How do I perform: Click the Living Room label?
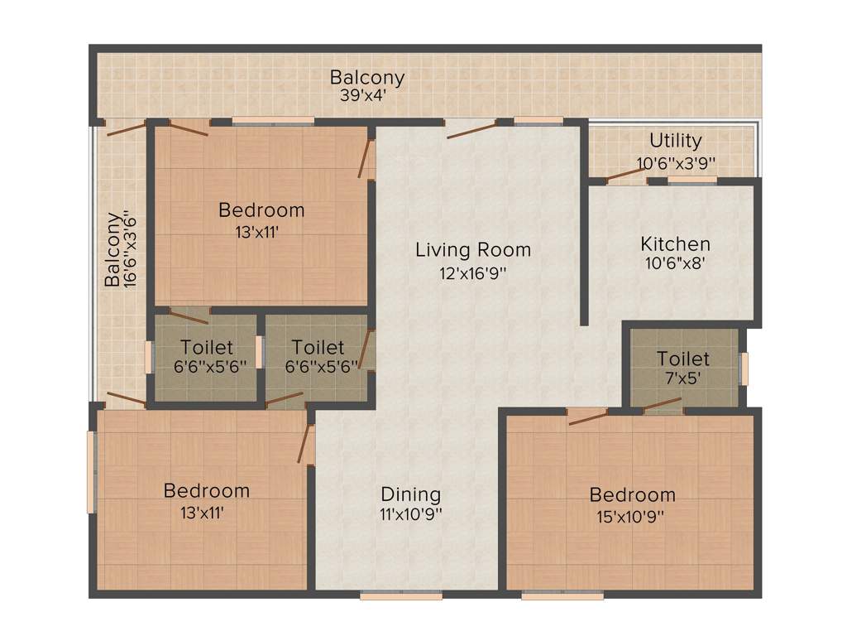473,249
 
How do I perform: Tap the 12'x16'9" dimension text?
473,272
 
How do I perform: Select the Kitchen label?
676,244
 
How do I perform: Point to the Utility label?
675,141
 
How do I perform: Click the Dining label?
411,494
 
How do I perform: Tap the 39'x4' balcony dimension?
364,95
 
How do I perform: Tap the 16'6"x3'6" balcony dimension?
129,251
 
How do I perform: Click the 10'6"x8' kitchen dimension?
676,266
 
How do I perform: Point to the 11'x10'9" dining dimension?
411,514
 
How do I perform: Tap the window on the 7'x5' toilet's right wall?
744,368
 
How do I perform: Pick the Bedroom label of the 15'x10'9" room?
632,495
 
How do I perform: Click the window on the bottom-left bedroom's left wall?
93,473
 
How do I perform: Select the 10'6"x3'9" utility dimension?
675,163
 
